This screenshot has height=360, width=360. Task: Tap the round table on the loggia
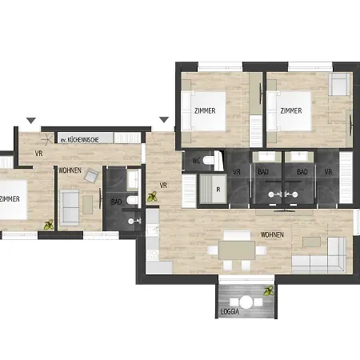(247, 302)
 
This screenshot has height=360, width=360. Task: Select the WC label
(194, 162)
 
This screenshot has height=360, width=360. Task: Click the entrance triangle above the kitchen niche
(31, 121)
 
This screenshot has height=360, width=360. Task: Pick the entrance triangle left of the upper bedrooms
(164, 121)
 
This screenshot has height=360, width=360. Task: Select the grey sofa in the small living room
(70, 208)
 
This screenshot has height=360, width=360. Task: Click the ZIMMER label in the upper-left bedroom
(204, 110)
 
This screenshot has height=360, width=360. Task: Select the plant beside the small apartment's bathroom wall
(152, 198)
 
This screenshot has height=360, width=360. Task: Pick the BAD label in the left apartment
(117, 202)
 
